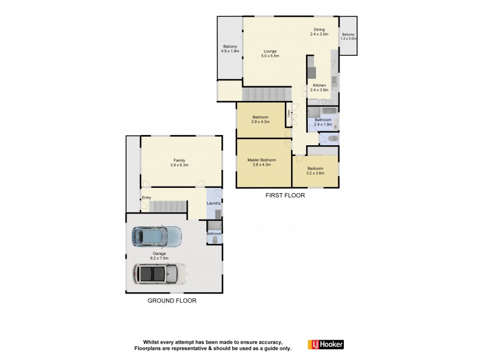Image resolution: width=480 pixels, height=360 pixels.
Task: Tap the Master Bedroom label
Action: [262, 162]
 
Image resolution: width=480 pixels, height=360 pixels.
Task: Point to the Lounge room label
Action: [270, 53]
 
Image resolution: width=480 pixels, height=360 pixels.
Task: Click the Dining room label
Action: [319, 32]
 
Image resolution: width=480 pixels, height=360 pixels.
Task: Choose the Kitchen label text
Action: [319, 88]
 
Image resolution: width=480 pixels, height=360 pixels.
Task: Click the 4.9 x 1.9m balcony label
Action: [230, 49]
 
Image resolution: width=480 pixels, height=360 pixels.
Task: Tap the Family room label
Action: [179, 163]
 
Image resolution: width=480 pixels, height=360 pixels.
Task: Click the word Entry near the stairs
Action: [146, 198]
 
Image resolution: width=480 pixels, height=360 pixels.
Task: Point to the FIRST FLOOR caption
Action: [285, 196]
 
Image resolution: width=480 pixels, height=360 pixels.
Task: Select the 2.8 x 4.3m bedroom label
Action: [260, 119]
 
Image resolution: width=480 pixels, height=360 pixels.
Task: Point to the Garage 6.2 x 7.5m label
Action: [159, 256]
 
